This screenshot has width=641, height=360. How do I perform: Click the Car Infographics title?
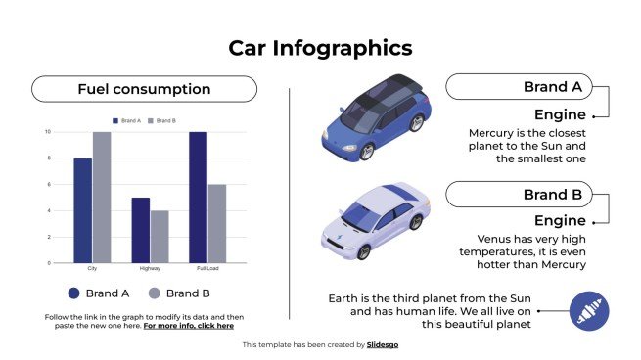pos(320,48)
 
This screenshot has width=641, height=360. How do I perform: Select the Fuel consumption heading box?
pos(144,89)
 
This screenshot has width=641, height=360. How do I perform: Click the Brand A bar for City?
pos(83,210)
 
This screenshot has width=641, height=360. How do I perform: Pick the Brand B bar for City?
pos(102,197)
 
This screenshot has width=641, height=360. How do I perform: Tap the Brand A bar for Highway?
pos(141,230)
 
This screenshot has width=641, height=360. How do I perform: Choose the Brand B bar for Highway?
pos(160,237)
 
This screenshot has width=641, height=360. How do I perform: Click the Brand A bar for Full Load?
pos(199,197)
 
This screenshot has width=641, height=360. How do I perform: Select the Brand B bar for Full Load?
pos(217,223)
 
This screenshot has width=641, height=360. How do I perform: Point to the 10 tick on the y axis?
pos(48,131)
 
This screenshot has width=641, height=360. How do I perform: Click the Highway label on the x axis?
pos(150,268)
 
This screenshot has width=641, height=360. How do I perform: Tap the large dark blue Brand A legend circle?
pos(73,292)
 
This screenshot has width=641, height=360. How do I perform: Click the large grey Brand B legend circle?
pos(155,292)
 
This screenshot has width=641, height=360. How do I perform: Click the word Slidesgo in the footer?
pos(383,344)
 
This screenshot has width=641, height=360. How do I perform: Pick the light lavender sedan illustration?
pos(375,221)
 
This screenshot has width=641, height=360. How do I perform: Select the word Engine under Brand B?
pos(560,221)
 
